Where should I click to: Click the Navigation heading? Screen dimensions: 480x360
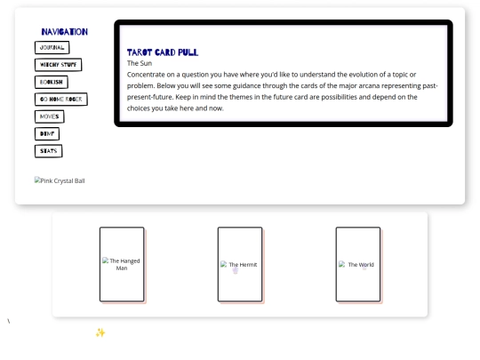point(65,32)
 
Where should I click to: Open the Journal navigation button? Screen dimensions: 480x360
point(52,47)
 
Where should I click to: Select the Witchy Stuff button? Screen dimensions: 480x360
point(58,65)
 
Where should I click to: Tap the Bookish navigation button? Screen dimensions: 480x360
point(52,82)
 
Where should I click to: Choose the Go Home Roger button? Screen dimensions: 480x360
point(61,100)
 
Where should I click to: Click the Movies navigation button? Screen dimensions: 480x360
point(49,116)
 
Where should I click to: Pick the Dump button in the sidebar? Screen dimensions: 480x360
point(47,133)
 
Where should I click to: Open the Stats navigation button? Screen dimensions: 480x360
point(48,151)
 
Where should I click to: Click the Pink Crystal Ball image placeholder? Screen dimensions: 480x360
point(60,180)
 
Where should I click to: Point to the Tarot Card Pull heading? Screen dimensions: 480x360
point(163,52)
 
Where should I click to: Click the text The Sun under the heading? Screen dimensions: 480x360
point(140,63)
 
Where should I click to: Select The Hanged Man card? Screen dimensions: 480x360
point(122,264)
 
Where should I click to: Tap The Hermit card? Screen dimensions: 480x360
point(240,264)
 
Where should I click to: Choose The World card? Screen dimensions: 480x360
point(358,264)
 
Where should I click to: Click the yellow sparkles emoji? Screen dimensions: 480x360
point(100,332)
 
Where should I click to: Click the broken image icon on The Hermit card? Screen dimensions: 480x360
point(224,264)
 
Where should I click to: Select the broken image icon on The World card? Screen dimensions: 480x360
point(342,264)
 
